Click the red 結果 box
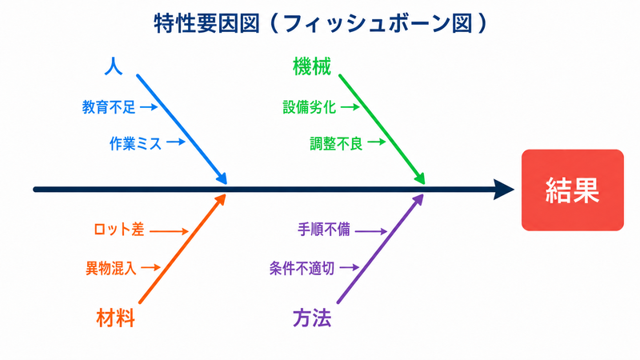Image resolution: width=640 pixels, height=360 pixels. click(572, 190)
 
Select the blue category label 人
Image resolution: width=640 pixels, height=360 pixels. click(114, 66)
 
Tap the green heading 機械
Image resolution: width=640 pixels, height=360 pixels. click(312, 66)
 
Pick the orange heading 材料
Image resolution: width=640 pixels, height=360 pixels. click(115, 318)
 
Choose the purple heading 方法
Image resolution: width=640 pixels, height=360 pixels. click(312, 318)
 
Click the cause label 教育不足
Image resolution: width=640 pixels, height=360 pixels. click(109, 107)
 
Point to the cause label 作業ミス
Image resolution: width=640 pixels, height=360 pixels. click(135, 143)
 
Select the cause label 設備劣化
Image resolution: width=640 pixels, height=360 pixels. click(310, 107)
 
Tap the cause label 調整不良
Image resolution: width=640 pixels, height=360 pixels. click(336, 143)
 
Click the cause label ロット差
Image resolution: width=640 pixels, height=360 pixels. click(118, 230)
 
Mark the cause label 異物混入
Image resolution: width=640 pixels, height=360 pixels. click(110, 268)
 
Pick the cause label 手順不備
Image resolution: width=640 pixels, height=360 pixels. click(324, 230)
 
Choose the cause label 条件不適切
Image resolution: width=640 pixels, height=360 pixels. click(302, 268)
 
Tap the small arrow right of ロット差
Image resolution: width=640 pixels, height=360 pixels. click(169, 231)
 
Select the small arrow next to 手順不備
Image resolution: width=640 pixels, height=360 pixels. click(371, 231)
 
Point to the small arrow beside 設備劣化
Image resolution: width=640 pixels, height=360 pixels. click(350, 107)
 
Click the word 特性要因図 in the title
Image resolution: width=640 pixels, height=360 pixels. click(207, 23)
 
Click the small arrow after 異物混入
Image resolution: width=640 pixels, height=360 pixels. click(150, 268)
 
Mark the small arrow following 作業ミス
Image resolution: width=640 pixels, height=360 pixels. click(176, 142)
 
